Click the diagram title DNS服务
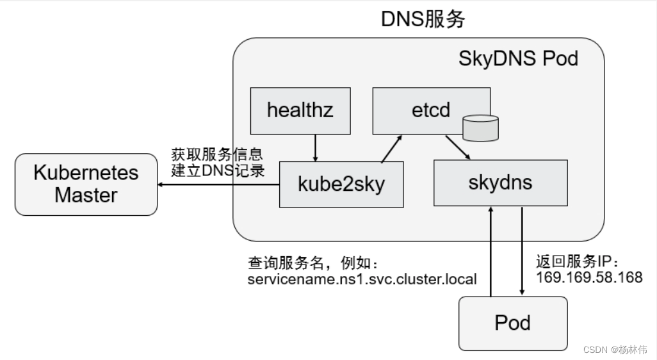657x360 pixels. click(423, 19)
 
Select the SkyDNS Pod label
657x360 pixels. click(518, 59)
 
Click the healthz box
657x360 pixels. click(300, 110)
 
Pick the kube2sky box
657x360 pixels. click(341, 184)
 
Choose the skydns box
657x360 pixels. click(500, 183)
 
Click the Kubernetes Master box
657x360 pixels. click(86, 184)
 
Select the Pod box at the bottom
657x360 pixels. click(512, 323)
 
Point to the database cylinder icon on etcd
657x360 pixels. click(480, 129)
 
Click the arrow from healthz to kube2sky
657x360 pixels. click(314, 147)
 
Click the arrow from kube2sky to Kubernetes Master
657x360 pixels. click(218, 184)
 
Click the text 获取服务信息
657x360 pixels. click(216, 155)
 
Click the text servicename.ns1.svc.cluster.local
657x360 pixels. click(362, 279)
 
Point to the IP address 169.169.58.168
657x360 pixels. click(588, 277)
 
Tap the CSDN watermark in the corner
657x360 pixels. click(615, 349)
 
